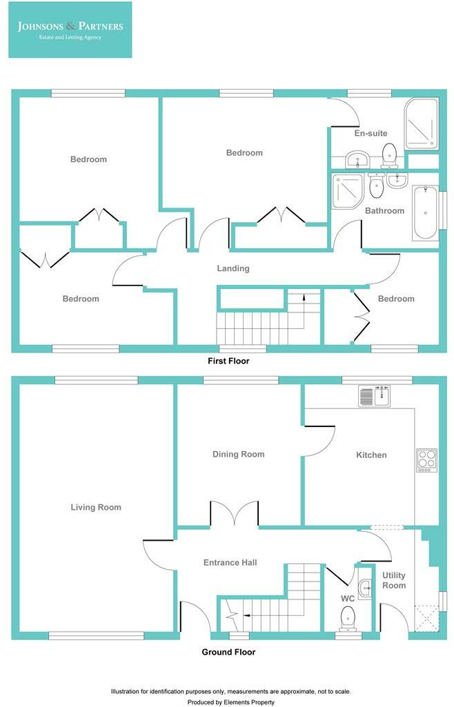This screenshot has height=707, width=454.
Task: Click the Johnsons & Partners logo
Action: tap(70, 30)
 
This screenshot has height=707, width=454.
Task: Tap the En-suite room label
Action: tap(371, 133)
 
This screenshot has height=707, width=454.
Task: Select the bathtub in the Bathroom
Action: tap(425, 212)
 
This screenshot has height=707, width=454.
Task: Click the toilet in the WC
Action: tap(348, 618)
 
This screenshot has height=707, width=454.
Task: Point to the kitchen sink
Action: tap(374, 397)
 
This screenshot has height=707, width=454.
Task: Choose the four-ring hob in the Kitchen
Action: tap(426, 460)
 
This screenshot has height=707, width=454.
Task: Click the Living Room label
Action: tap(96, 507)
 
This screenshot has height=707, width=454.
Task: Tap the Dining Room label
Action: tap(239, 454)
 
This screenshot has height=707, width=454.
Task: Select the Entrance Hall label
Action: tap(230, 562)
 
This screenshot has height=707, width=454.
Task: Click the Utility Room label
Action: tap(394, 580)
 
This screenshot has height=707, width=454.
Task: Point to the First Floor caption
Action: tap(228, 361)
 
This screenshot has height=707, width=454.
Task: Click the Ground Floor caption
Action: tap(228, 652)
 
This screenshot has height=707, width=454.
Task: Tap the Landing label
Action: tap(233, 268)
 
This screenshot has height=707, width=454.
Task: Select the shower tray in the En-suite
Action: tap(422, 124)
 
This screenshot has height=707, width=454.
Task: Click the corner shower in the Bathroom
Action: tap(348, 191)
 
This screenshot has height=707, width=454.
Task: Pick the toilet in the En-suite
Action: tap(388, 155)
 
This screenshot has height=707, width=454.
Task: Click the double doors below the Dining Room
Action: tap(235, 514)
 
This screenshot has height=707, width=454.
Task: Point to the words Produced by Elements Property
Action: tap(231, 702)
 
